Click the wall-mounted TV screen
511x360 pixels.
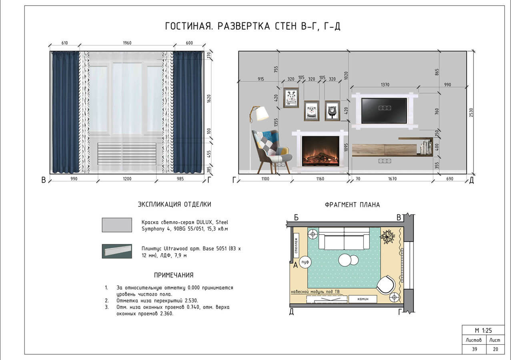(x=384, y=110)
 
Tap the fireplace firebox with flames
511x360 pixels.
(x=320, y=150)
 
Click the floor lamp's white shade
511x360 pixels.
(x=262, y=113)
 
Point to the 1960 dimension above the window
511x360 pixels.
(x=127, y=43)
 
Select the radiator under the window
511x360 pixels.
(x=127, y=154)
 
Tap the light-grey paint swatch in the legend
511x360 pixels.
(x=117, y=225)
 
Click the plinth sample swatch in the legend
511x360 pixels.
(x=117, y=251)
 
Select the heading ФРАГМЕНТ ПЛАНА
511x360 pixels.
(x=352, y=205)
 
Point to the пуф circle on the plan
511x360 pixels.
(x=306, y=262)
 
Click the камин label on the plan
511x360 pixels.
(x=363, y=299)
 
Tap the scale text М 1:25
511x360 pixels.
(x=483, y=330)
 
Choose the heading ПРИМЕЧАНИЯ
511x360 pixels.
(x=174, y=275)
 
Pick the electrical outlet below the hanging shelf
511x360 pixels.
(x=385, y=161)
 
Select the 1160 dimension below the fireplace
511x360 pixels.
(x=320, y=179)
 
